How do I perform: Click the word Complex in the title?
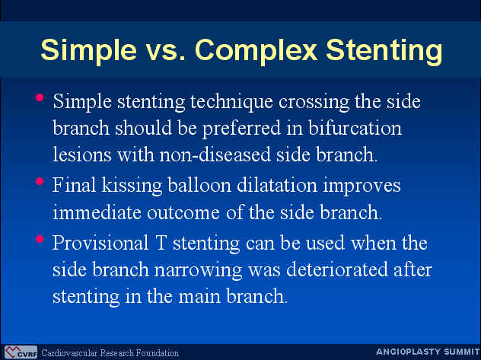[256, 49]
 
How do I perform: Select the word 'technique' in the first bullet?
[231, 103]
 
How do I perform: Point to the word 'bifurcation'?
[355, 128]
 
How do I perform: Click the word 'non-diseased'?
[215, 154]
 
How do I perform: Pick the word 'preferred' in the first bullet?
[241, 129]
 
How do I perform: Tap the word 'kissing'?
[132, 186]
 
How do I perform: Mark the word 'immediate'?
[97, 212]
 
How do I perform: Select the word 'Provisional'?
[100, 243]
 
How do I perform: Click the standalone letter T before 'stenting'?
[161, 243]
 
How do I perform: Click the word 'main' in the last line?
[199, 296]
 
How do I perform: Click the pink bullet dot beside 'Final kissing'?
[40, 181]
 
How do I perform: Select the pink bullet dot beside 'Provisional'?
[40, 239]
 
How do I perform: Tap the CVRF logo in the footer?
[21, 352]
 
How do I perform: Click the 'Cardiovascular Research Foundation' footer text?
[110, 353]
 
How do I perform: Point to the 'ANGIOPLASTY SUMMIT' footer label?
[428, 352]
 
